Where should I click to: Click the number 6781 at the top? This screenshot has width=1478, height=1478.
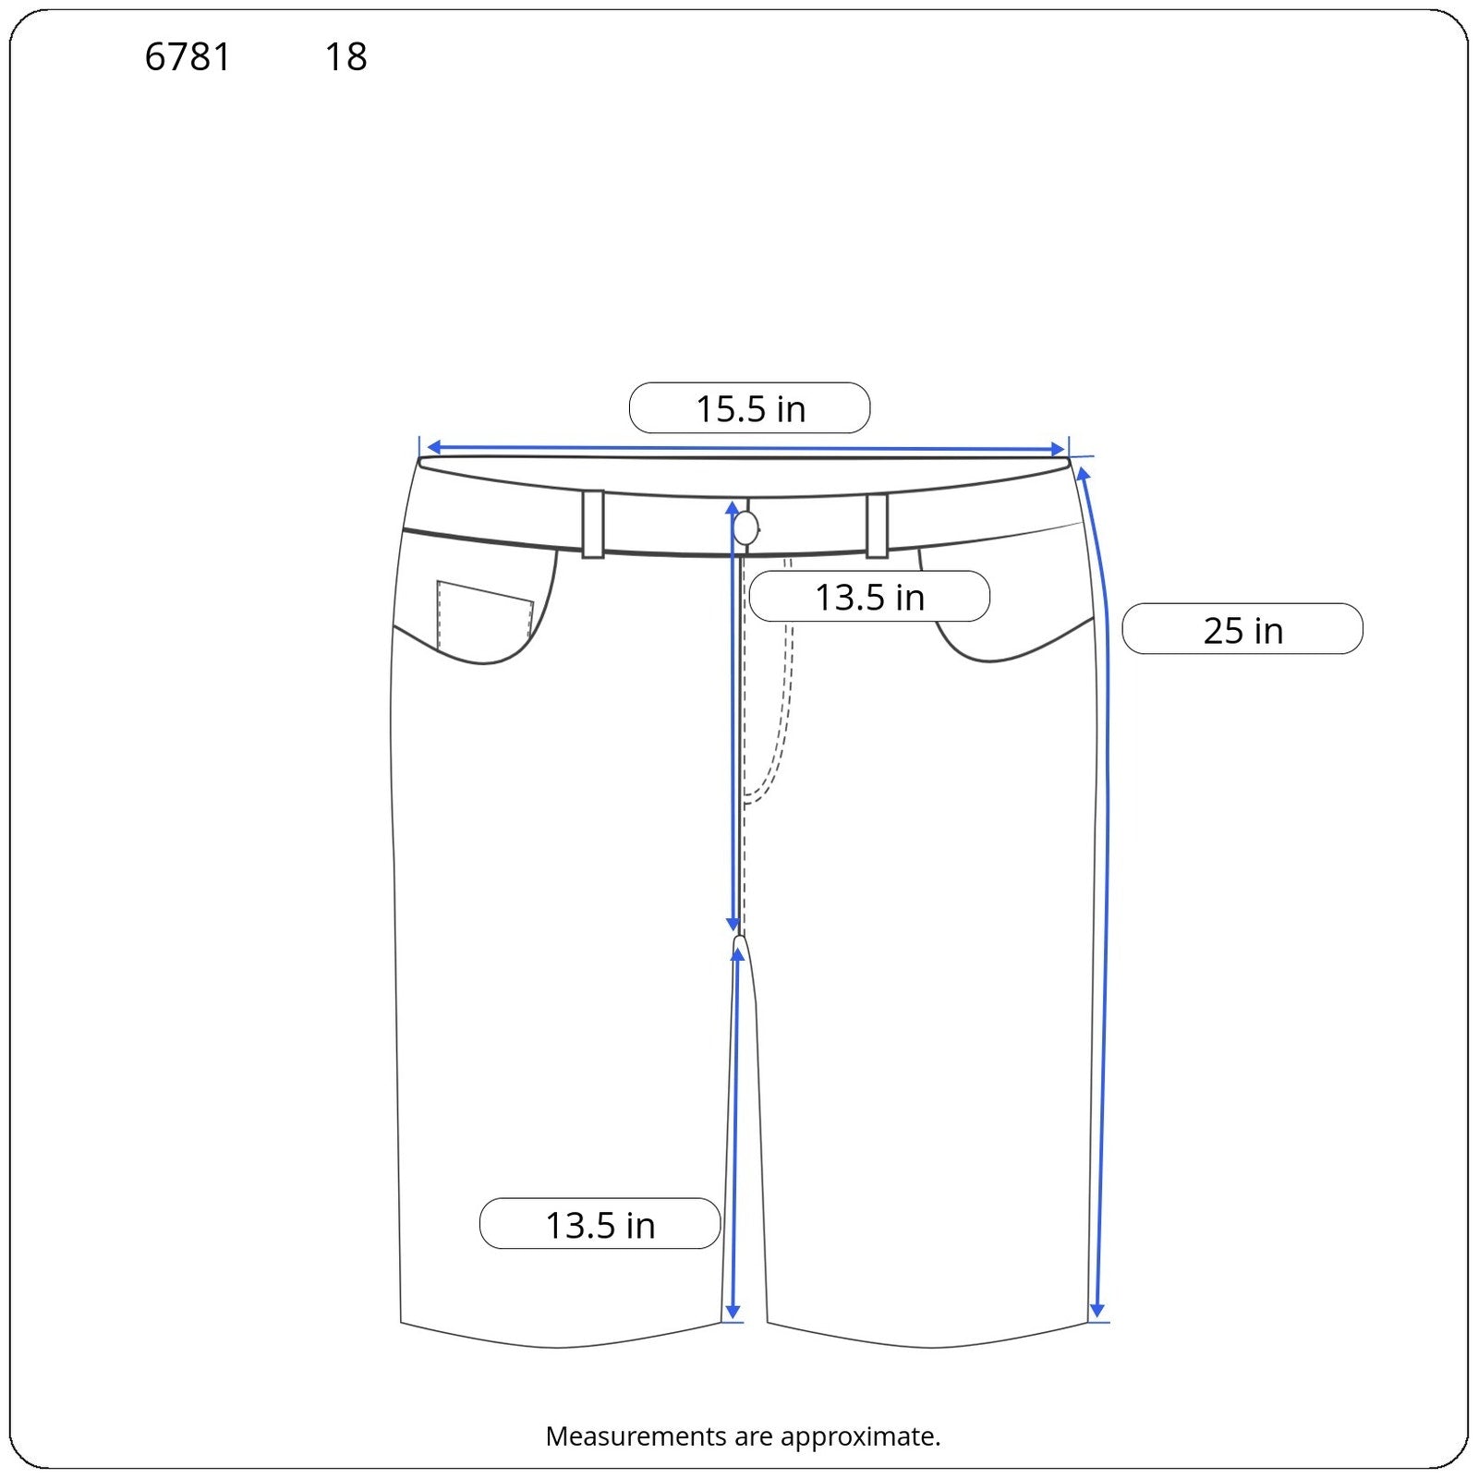coord(188,57)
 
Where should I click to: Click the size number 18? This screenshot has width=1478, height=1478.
coord(346,57)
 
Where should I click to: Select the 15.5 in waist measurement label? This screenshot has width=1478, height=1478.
coord(749,408)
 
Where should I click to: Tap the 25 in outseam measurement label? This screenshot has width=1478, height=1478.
coord(1242,630)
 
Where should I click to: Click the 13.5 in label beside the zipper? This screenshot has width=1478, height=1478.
coord(869,597)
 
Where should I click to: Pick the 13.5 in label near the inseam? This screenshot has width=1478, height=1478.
coord(600,1224)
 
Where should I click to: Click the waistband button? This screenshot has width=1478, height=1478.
coord(745,529)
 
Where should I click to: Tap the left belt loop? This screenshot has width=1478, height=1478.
coord(593,524)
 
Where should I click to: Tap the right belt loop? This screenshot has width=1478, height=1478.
coord(877,526)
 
